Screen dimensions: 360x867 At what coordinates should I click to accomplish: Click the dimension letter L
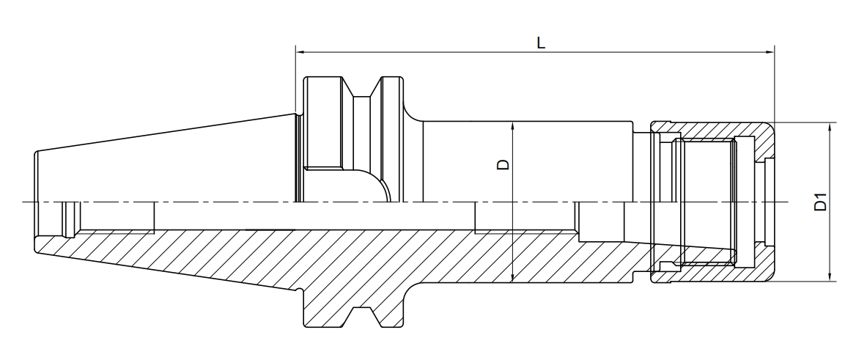pos(540,43)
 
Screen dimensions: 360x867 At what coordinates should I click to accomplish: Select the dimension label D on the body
pos(503,164)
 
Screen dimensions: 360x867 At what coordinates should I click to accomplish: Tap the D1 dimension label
pos(821,202)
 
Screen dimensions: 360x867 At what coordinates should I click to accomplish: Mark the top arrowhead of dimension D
pos(513,125)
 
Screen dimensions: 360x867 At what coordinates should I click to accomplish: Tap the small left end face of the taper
pos(36,176)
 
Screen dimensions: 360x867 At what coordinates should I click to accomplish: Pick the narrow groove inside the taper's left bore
pos(69,218)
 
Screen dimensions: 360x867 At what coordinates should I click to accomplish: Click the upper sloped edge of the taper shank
pos(169,133)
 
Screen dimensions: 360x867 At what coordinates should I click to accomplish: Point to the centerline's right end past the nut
pos(784,202)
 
